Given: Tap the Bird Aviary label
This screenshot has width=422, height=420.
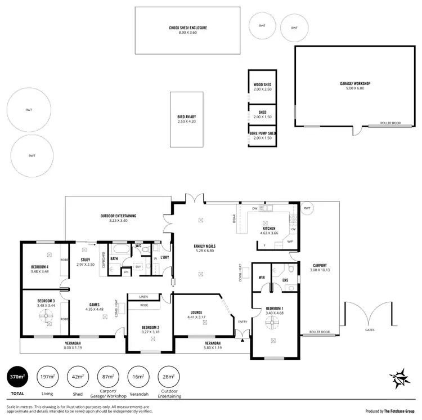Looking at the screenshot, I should pyautogui.click(x=186, y=117).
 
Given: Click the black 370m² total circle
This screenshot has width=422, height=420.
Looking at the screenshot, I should pyautogui.click(x=17, y=376).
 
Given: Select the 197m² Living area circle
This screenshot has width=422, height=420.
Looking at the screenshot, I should pyautogui.click(x=47, y=376).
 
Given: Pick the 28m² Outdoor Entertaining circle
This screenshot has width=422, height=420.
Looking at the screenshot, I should pyautogui.click(x=168, y=376).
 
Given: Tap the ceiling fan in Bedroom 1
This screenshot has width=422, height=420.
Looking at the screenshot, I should pyautogui.click(x=272, y=321).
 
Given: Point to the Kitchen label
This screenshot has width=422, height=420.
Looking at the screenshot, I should pyautogui.click(x=269, y=229).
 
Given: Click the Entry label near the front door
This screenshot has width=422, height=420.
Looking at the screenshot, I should pyautogui.click(x=243, y=321).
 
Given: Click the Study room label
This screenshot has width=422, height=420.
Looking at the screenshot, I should pyautogui.click(x=86, y=260).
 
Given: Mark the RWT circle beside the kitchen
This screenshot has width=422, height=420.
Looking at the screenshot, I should pyautogui.click(x=307, y=208).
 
